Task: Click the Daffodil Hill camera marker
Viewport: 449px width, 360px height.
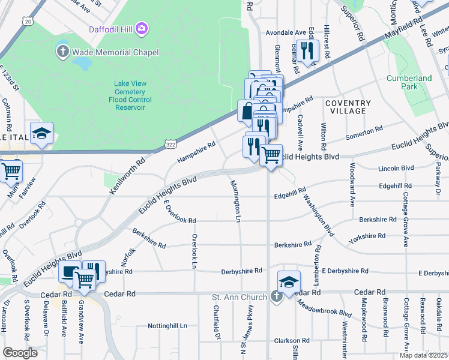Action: (142, 28)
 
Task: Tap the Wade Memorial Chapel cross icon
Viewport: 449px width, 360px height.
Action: (63, 52)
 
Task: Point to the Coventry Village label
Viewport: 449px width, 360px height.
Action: (345, 107)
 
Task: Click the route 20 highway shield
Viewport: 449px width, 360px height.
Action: (28, 21)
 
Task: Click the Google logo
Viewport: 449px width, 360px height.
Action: (20, 353)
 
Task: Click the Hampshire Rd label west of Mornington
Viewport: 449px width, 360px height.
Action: (196, 153)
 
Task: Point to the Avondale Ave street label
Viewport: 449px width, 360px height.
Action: (289, 32)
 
